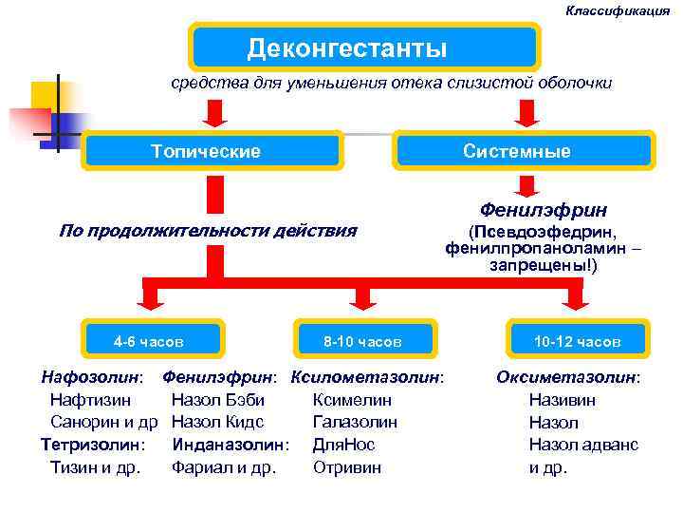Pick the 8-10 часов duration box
click(363, 339)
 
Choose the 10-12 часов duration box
click(576, 339)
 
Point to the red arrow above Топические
click(215, 113)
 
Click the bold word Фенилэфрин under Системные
click(544, 209)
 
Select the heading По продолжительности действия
click(208, 230)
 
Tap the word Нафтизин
click(90, 399)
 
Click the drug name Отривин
click(347, 466)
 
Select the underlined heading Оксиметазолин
click(567, 376)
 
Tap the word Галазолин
click(355, 422)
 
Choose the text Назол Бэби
click(218, 399)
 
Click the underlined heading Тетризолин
click(91, 444)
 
